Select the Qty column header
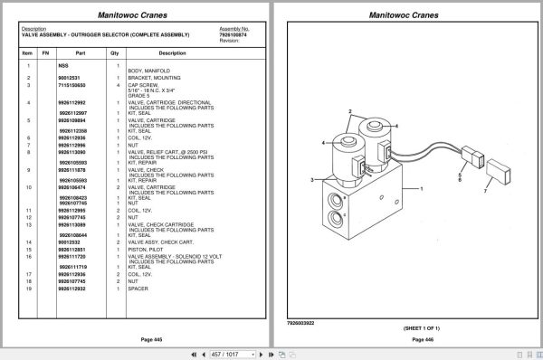tap(115, 53)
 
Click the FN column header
tap(45, 53)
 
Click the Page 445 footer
tap(140, 339)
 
